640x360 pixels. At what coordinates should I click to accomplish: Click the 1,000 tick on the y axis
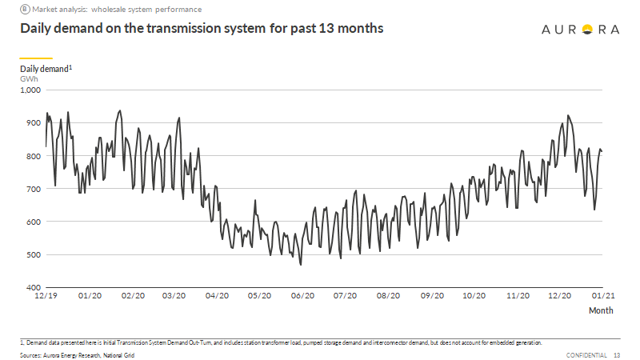click(30, 90)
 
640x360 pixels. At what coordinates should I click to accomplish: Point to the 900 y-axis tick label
click(32, 122)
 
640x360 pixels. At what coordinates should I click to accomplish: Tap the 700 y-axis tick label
click(32, 189)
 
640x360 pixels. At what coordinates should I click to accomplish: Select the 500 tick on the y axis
click(32, 254)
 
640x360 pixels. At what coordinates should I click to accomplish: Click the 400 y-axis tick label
click(32, 287)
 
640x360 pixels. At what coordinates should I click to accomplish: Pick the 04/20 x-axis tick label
click(216, 296)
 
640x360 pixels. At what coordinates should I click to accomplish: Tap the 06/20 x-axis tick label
click(302, 296)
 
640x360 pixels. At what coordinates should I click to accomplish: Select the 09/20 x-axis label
click(431, 296)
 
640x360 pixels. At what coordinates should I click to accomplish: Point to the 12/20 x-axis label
click(561, 296)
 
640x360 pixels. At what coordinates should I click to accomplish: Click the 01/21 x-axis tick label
click(602, 296)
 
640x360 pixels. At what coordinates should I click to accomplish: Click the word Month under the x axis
click(601, 310)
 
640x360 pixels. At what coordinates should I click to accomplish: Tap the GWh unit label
click(29, 78)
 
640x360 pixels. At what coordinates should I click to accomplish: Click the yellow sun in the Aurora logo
click(586, 30)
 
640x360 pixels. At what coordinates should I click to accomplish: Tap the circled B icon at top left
click(24, 9)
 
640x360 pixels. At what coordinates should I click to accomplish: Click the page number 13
click(617, 354)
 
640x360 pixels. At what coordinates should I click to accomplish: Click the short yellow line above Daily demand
click(36, 58)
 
